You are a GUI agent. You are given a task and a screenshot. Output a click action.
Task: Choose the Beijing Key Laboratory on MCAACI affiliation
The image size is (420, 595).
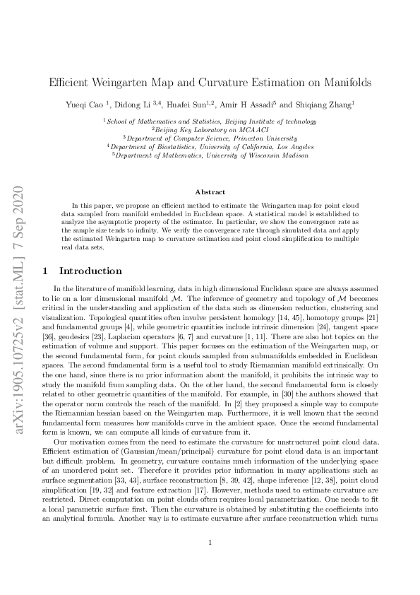pos(210,130)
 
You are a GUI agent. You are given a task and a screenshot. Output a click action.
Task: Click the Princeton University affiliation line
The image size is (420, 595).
pos(210,139)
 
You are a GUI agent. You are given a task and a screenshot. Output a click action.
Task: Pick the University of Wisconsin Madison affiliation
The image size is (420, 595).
pos(210,155)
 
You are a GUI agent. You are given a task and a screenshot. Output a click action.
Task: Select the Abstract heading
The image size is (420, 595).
pos(210,192)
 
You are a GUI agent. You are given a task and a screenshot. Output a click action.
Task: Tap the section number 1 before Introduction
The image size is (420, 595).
pos(46,271)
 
